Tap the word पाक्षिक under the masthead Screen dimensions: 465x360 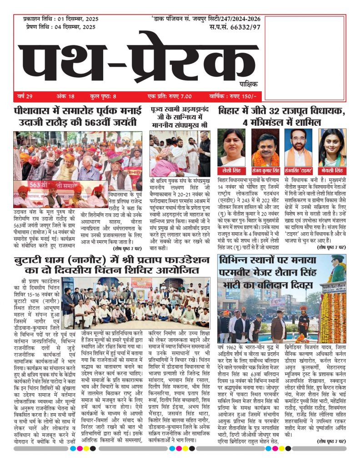pyautogui.click(x=248, y=84)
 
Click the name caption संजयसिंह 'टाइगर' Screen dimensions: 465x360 pyautogui.click(x=299, y=171)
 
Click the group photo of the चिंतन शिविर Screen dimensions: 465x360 pyautogui.click(x=136, y=303)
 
